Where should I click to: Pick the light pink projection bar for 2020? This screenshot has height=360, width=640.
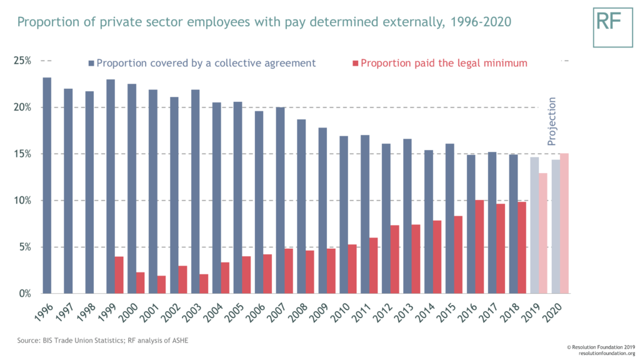pyautogui.click(x=564, y=223)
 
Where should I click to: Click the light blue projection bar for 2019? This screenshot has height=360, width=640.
pyautogui.click(x=534, y=225)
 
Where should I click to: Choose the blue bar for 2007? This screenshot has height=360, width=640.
pyautogui.click(x=280, y=200)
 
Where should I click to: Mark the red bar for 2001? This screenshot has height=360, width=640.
pyautogui.click(x=161, y=284)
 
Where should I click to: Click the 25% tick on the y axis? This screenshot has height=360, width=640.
pyautogui.click(x=22, y=61)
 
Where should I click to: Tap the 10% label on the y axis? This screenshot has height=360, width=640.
pyautogui.click(x=22, y=201)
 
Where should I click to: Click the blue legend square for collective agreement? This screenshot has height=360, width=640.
pyautogui.click(x=91, y=63)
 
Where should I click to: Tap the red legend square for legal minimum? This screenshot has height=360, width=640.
pyautogui.click(x=356, y=63)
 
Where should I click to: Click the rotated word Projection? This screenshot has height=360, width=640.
pyautogui.click(x=551, y=121)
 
